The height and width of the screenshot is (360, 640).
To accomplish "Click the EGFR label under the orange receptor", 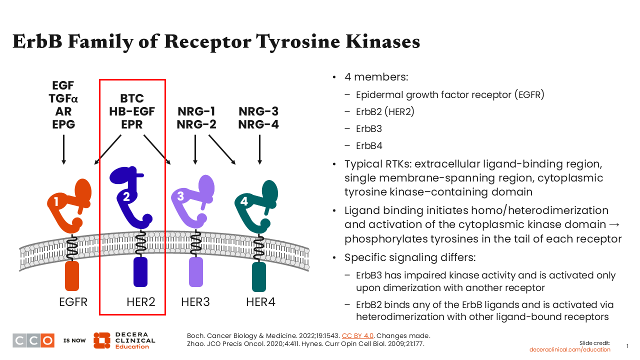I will (73, 302).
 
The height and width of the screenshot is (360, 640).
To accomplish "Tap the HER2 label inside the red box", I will (140, 302).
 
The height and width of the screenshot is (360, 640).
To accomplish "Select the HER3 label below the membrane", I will (195, 302).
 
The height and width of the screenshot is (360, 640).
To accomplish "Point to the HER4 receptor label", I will (260, 302).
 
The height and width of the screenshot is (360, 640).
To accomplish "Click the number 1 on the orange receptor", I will (56, 201).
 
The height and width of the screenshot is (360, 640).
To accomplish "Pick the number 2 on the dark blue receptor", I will (126, 196).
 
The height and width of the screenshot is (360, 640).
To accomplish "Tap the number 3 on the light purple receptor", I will (180, 196).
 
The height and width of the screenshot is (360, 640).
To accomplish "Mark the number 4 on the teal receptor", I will (244, 201).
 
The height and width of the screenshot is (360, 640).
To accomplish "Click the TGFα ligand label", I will (63, 98).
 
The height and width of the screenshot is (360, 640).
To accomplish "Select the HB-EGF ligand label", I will (132, 111).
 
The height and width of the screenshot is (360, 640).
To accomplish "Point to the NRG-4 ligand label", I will (258, 124).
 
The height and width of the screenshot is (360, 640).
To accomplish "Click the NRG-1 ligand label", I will (196, 111).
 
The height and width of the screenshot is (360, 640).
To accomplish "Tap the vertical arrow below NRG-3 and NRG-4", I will (259, 149).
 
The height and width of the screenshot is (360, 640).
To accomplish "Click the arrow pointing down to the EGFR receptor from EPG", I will (63, 149).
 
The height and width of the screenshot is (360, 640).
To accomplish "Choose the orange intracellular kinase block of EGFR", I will (72, 275).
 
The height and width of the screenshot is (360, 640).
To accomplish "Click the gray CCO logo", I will (33, 340).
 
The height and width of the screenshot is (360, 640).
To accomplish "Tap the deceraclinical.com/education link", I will (570, 349).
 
